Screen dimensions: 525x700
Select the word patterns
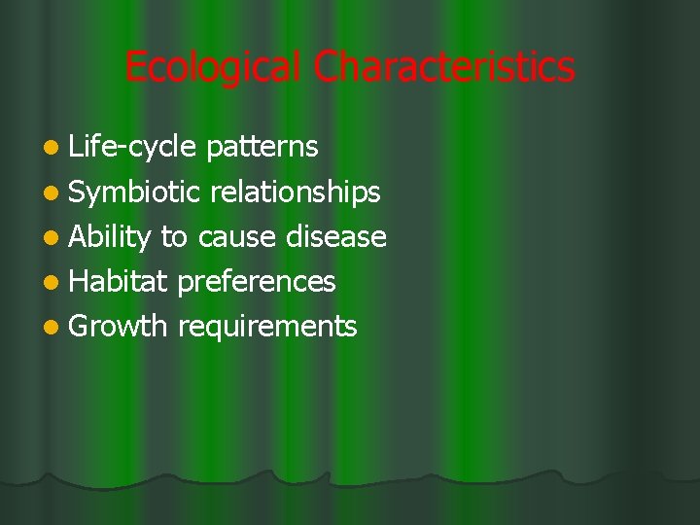(262, 147)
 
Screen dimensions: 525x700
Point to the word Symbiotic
(135, 192)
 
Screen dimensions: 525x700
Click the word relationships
(295, 192)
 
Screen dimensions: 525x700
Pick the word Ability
(111, 237)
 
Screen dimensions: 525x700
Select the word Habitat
(120, 282)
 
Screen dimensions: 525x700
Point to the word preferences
(257, 282)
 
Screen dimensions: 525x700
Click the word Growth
(119, 327)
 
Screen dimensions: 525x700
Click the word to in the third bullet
(174, 237)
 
